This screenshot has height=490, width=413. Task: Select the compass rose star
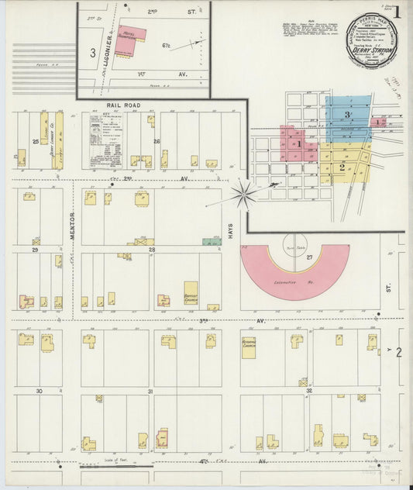pyautogui.click(x=247, y=192)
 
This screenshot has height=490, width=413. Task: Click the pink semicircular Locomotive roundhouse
pyautogui.click(x=294, y=270)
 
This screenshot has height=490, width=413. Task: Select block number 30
pyautogui.click(x=38, y=392)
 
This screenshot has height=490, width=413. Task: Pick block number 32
pyautogui.click(x=308, y=392)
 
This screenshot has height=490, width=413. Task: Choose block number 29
pyautogui.click(x=35, y=250)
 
